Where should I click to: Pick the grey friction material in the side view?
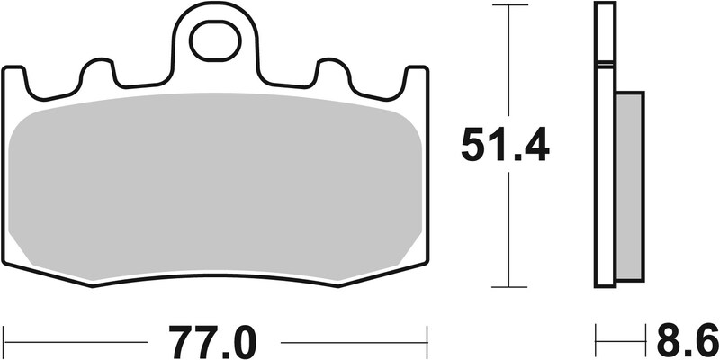(x=629, y=184)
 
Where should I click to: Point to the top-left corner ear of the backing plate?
(x=14, y=76)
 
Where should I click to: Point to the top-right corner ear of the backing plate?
(x=415, y=76)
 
